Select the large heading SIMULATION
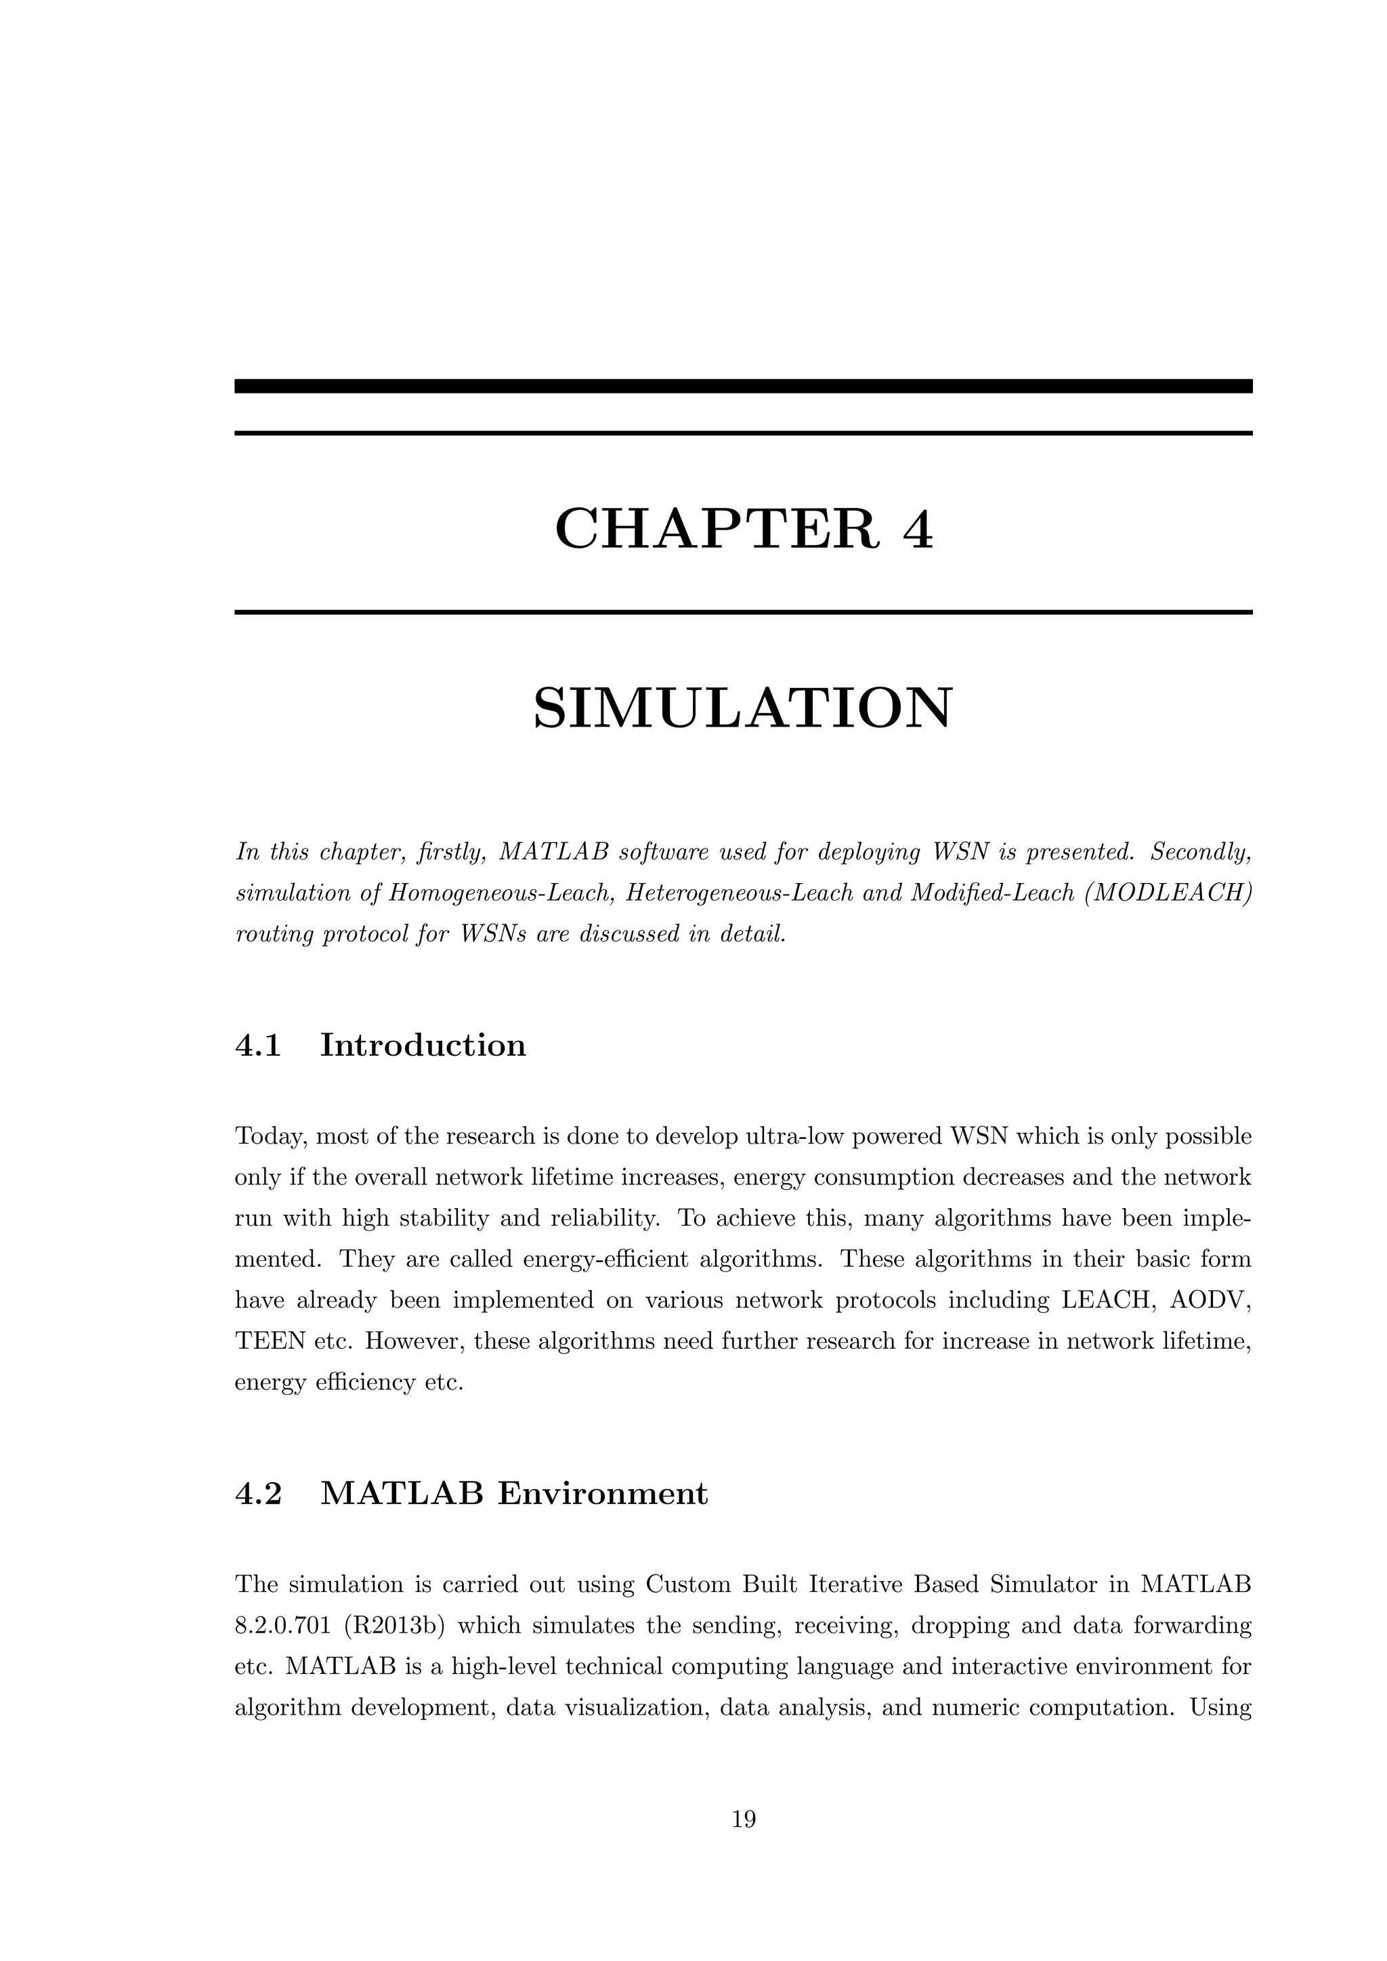tap(742, 708)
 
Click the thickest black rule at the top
tap(743, 386)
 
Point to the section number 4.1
tap(258, 1046)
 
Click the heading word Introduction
tap(423, 1046)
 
